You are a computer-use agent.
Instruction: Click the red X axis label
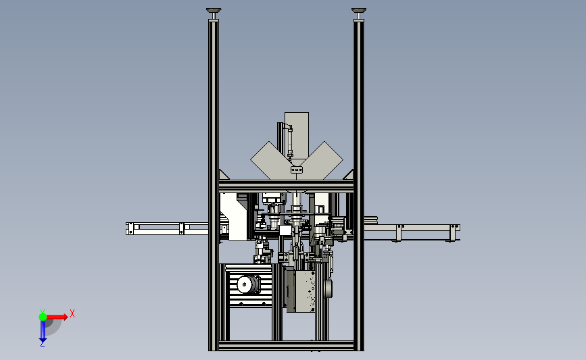72,313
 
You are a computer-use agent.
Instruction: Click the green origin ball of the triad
43,317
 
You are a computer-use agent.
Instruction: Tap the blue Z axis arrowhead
43,340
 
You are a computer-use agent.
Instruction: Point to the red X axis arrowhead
65,317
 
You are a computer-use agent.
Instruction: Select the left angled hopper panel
270,160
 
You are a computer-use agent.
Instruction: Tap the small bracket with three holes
296,170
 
